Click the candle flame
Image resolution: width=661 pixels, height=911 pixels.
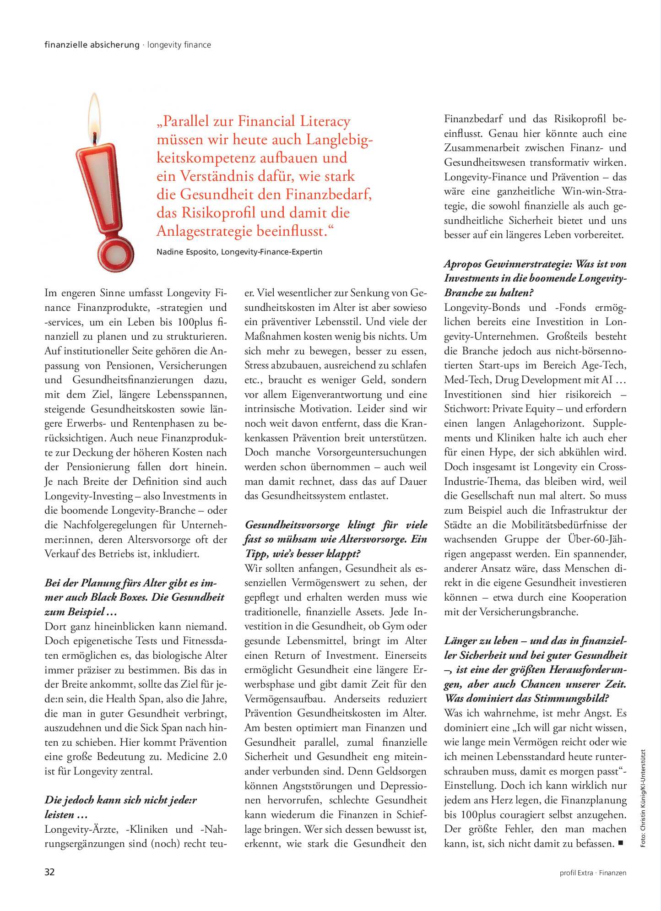(94, 114)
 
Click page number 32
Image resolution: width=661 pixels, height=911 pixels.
(49, 872)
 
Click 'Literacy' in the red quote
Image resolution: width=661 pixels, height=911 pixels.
(325, 121)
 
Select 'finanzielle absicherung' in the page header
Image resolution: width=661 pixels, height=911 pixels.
(92, 45)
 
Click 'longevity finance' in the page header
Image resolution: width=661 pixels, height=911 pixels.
(179, 45)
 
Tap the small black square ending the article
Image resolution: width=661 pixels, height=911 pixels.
(621, 842)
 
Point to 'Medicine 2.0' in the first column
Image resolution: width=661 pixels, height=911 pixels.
(197, 756)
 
